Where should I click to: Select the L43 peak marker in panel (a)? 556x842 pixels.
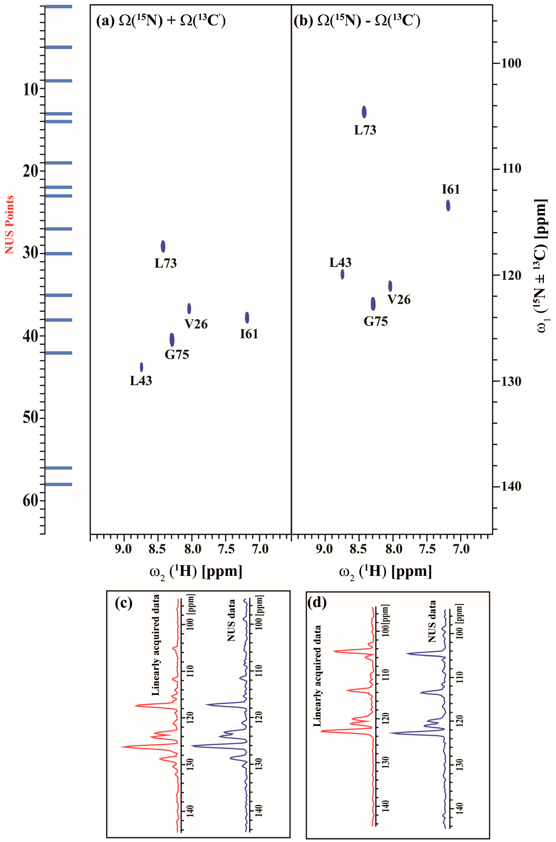[x=142, y=367]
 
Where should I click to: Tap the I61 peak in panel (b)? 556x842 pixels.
[x=448, y=205]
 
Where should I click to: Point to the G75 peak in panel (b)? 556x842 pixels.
[x=373, y=304]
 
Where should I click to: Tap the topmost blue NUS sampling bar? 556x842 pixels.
[x=59, y=6]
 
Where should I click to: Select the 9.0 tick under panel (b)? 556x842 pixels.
[x=324, y=549]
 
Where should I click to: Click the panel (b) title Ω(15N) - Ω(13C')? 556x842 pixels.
[x=357, y=21]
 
